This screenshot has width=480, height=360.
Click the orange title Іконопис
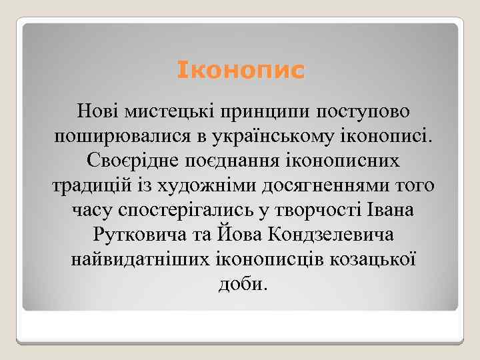241,70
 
